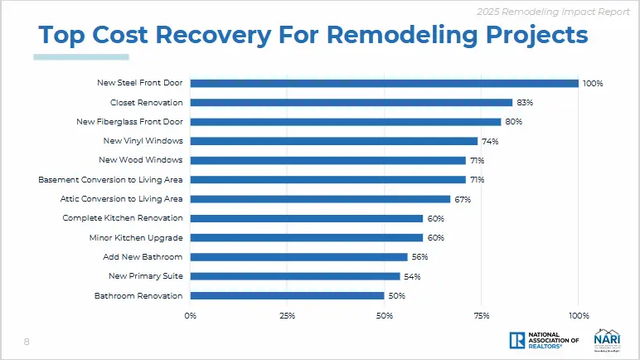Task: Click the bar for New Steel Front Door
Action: [384, 83]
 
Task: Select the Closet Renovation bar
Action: [351, 103]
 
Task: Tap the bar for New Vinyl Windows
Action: [333, 141]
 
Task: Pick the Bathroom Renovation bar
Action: [287, 295]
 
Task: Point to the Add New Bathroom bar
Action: [298, 257]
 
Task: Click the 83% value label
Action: [524, 103]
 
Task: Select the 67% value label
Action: [462, 199]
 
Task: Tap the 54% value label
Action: [411, 276]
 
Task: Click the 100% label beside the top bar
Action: [592, 84]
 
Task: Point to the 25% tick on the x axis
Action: [287, 315]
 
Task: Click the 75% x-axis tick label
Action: [482, 315]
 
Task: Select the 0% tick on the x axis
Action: [190, 315]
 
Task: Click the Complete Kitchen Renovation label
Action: [123, 218]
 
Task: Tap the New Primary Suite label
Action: [146, 276]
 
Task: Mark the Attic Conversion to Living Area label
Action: [122, 199]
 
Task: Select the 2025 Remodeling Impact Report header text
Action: [559, 11]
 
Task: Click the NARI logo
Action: [604, 339]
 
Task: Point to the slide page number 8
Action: [27, 342]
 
